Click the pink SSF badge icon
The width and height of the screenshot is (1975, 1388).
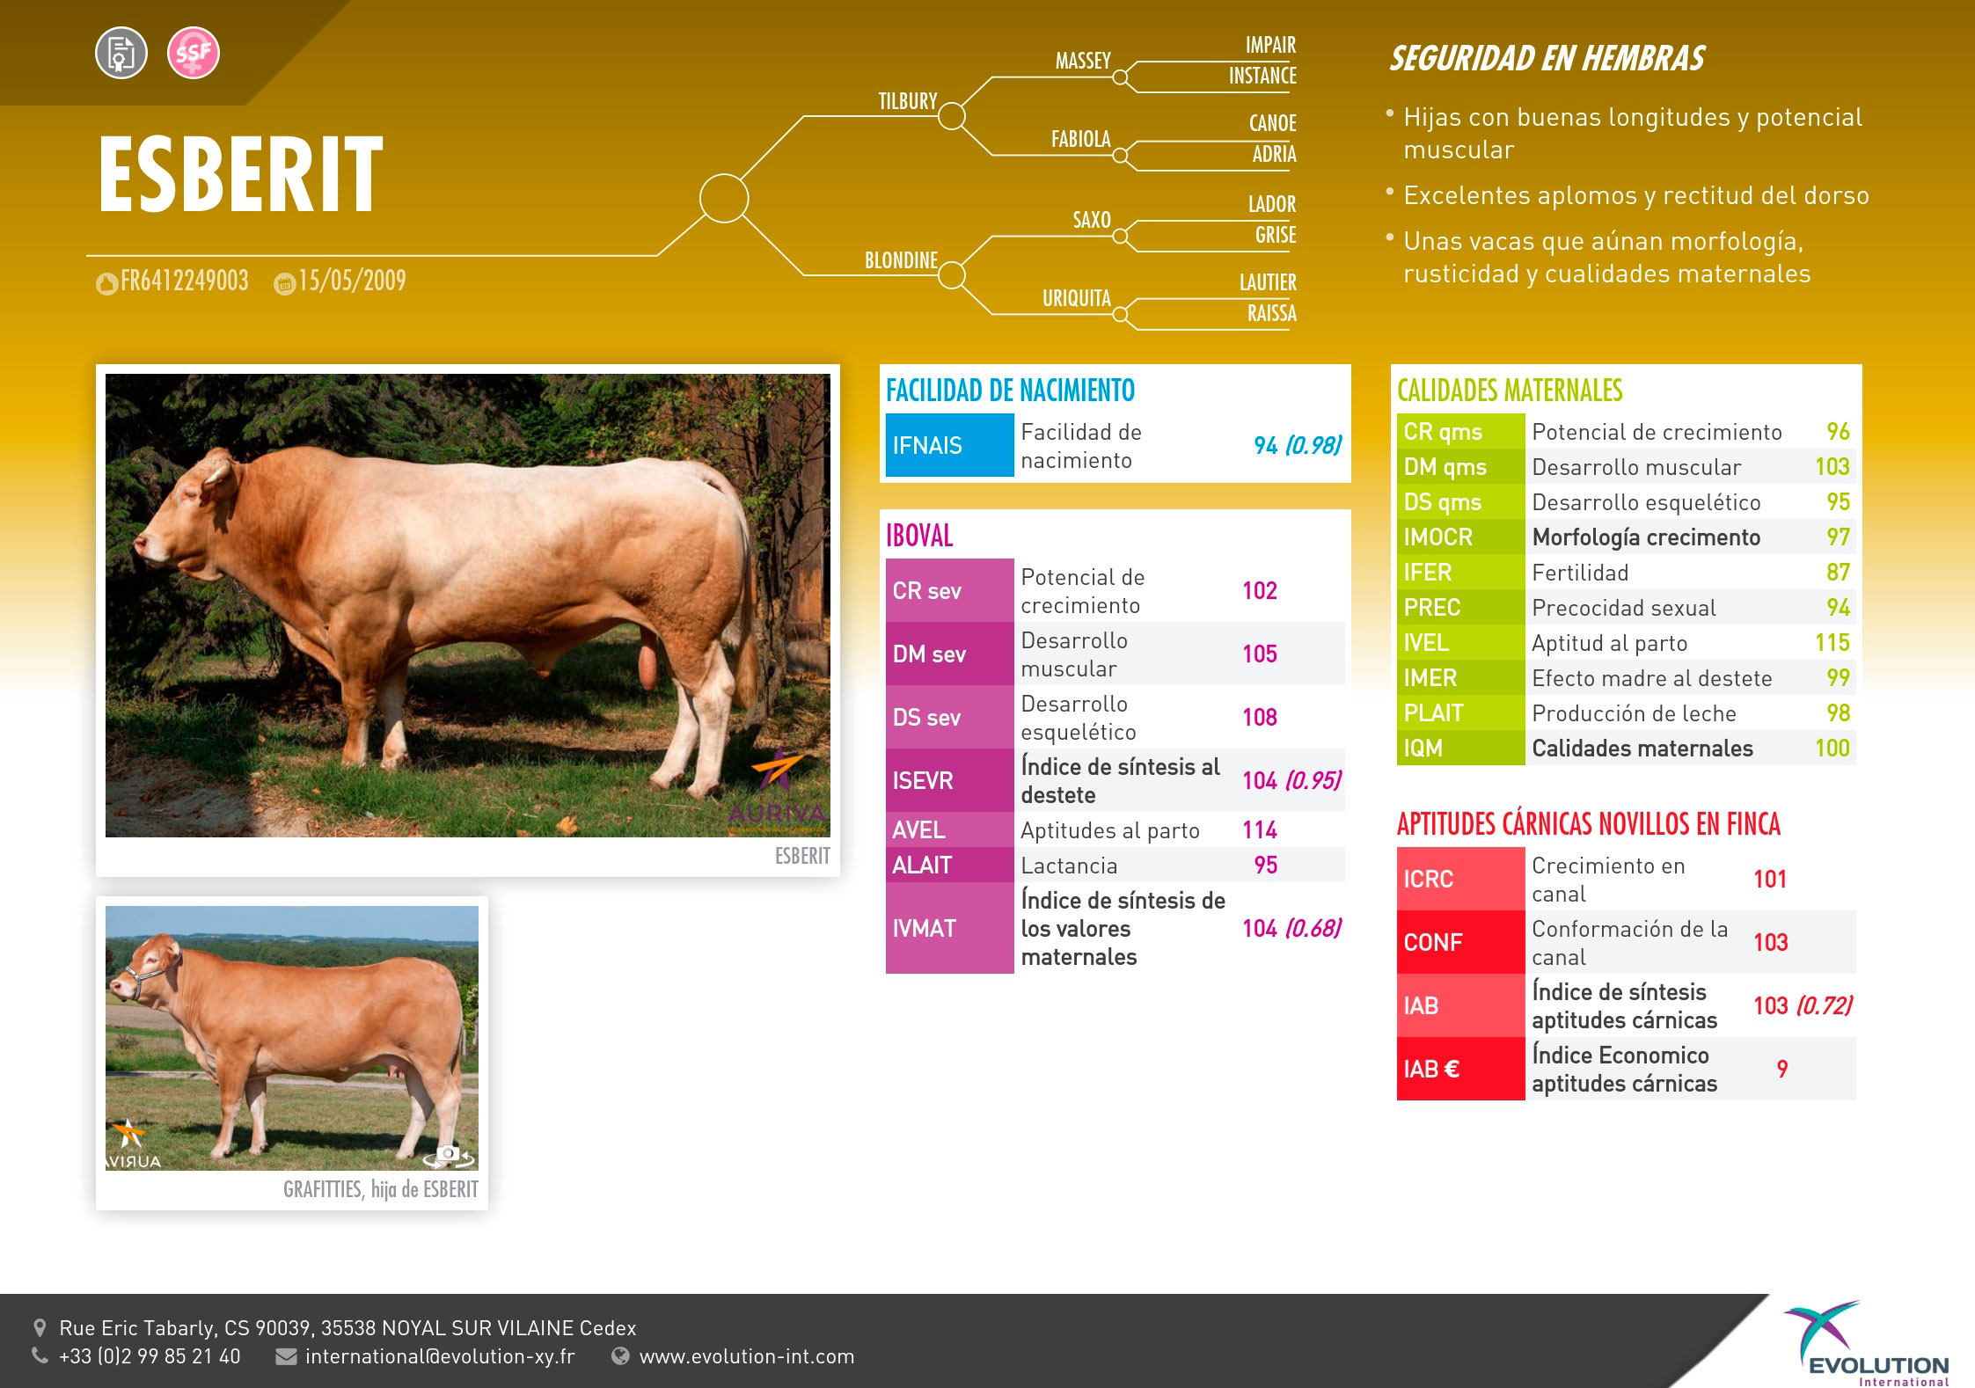pyautogui.click(x=193, y=53)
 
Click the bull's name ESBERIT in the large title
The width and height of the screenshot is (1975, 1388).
pyautogui.click(x=240, y=174)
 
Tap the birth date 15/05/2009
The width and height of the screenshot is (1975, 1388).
pyautogui.click(x=352, y=281)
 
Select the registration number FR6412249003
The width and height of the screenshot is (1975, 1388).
pyautogui.click(x=184, y=281)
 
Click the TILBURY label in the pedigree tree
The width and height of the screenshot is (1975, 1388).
pyautogui.click(x=908, y=101)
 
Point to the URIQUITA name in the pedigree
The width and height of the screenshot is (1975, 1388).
pyautogui.click(x=1077, y=298)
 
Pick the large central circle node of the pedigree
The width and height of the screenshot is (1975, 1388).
pyautogui.click(x=724, y=198)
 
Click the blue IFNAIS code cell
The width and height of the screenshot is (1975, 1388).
pyautogui.click(x=949, y=445)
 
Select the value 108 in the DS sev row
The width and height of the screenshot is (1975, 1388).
pyautogui.click(x=1260, y=717)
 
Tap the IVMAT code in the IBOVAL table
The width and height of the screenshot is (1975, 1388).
pyautogui.click(x=924, y=928)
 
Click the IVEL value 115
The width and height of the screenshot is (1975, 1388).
pyautogui.click(x=1832, y=642)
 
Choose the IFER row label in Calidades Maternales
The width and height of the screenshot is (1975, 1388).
pyautogui.click(x=1427, y=572)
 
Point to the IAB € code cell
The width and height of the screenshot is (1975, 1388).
pyautogui.click(x=1460, y=1069)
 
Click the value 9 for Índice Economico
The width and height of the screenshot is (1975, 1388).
pyautogui.click(x=1782, y=1069)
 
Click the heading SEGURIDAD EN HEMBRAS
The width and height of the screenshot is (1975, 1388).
pyautogui.click(x=1547, y=59)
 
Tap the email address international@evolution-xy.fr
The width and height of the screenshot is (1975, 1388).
pyautogui.click(x=440, y=1356)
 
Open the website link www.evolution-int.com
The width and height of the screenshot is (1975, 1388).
pyautogui.click(x=747, y=1356)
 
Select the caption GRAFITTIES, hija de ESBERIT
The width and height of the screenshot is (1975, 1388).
pyautogui.click(x=381, y=1189)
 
